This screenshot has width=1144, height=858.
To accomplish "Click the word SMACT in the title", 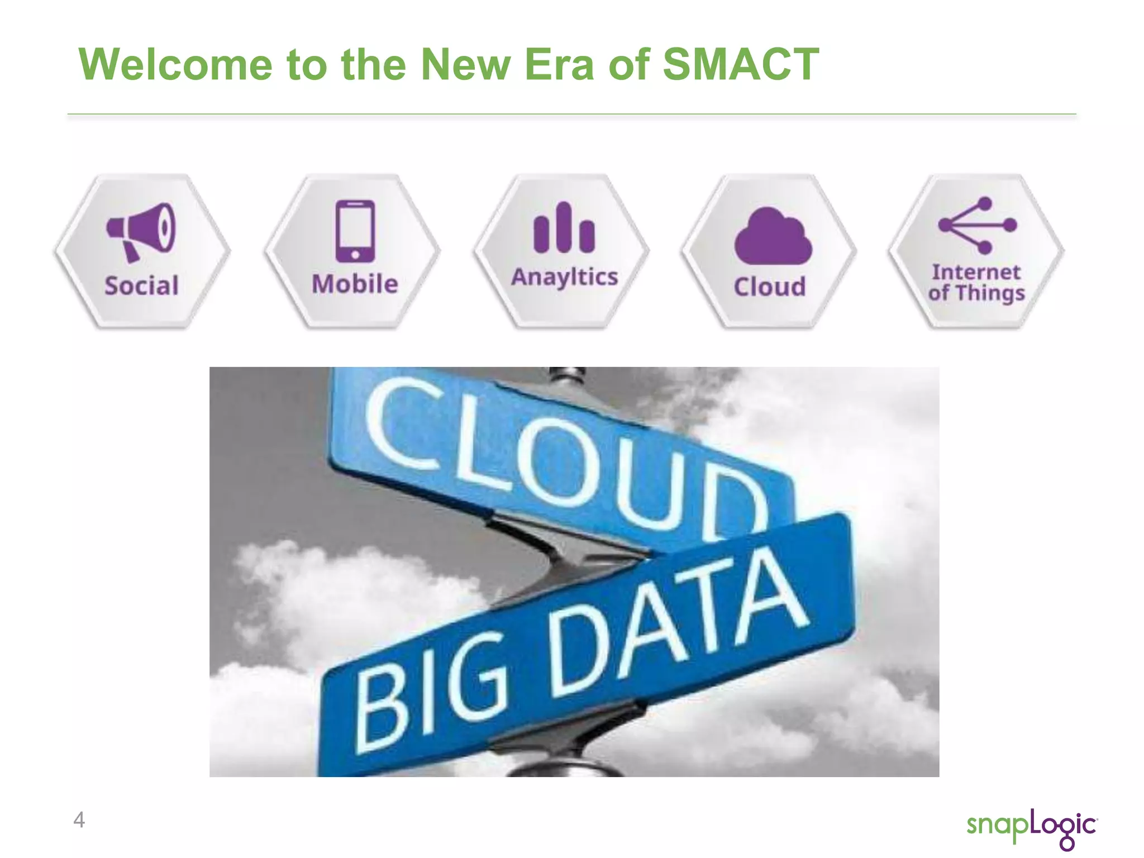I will pos(740,64).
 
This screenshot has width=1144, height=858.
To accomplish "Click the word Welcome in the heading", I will pos(175,64).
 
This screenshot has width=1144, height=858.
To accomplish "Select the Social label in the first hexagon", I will pos(141,285).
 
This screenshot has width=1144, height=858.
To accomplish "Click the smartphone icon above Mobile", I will pos(355,231).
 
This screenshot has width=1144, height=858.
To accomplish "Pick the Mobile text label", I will pos(355,284).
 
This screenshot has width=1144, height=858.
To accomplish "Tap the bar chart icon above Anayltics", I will pos(564,228).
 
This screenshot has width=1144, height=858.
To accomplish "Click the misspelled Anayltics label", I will pos(564,277).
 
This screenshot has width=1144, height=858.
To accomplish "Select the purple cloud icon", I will pos(773,236).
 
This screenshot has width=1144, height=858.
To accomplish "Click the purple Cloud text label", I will pos(770,287).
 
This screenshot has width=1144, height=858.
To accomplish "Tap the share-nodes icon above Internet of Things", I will pos(978,225).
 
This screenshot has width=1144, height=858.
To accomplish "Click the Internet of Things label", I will pos(976,282).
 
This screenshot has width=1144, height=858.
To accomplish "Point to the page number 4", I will pos(79,819).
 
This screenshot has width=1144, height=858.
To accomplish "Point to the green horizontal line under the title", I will pos(571,114).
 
